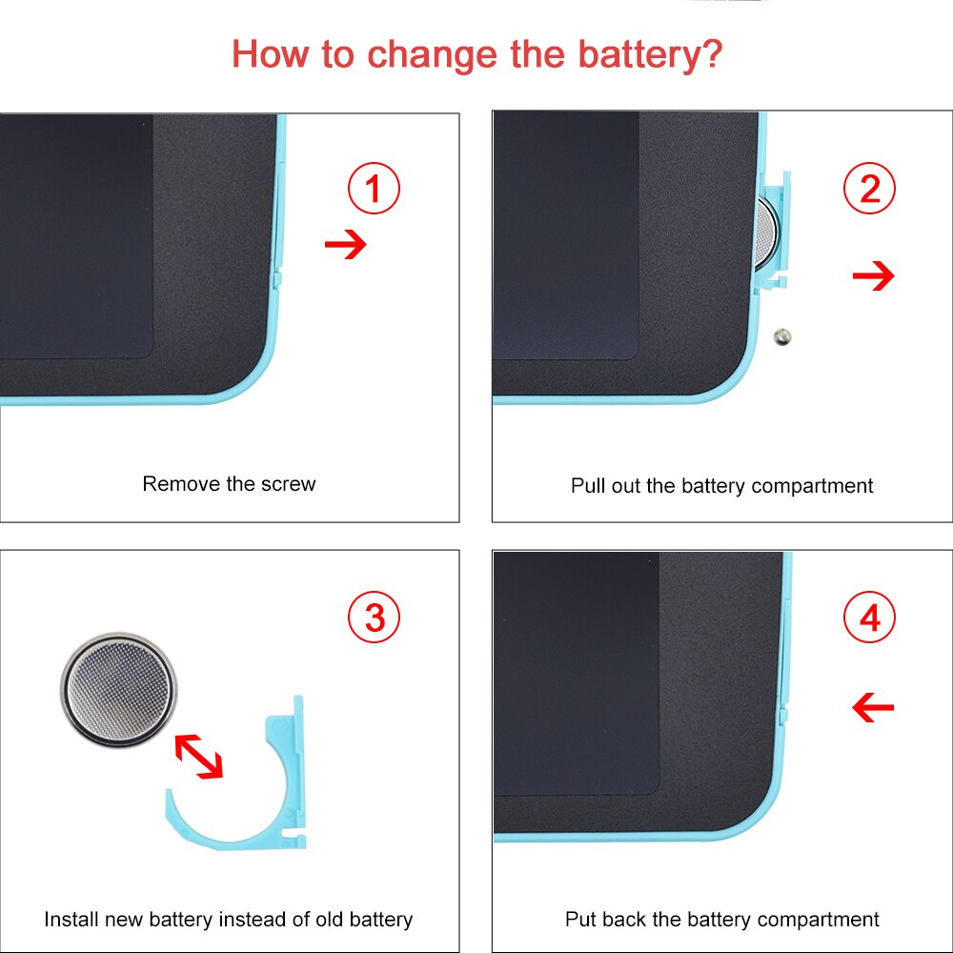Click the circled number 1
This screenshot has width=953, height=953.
[374, 188]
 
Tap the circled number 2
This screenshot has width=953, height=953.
[869, 189]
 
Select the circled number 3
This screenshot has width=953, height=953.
[374, 617]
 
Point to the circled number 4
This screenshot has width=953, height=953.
[869, 617]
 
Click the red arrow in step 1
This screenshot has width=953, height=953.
[346, 244]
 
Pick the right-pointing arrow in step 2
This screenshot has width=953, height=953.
[873, 276]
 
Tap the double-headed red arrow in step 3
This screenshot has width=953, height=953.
[199, 757]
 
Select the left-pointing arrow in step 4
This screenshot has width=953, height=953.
[873, 707]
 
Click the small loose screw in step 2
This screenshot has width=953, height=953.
[782, 337]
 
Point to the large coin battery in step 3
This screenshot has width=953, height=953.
[119, 690]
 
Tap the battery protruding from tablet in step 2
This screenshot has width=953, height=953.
[766, 234]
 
